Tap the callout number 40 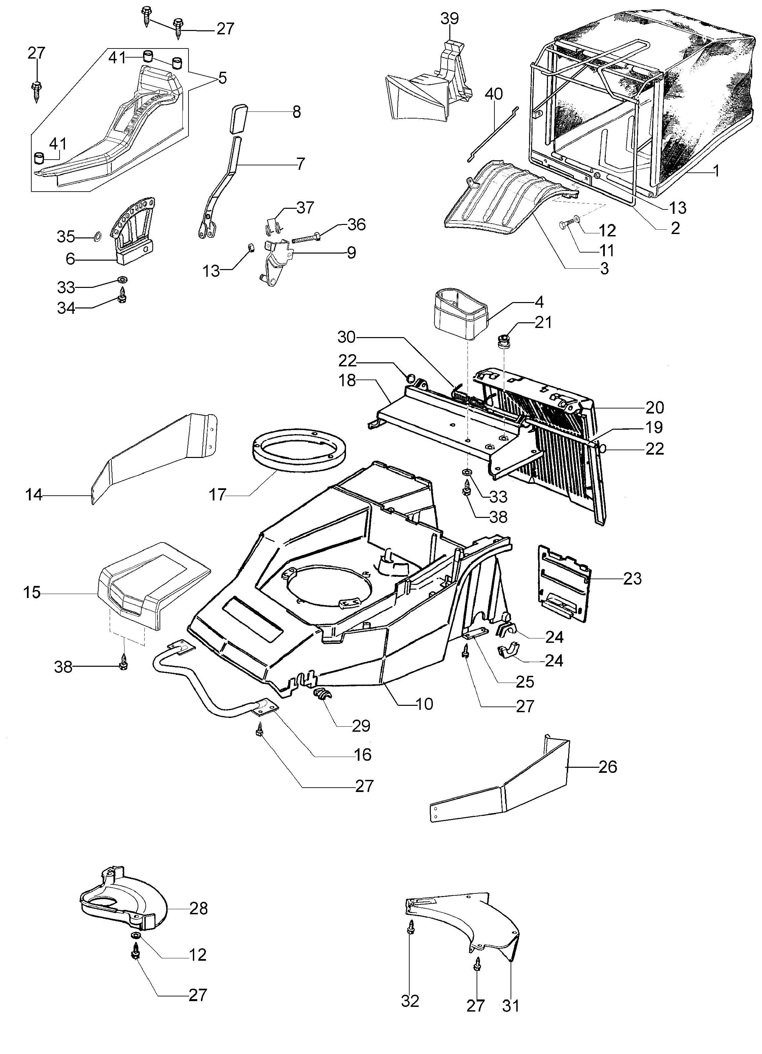point(493,94)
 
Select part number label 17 point(217,495)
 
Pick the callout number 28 point(198,908)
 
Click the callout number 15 point(32,593)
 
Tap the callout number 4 point(539,302)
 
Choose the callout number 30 point(346,337)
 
